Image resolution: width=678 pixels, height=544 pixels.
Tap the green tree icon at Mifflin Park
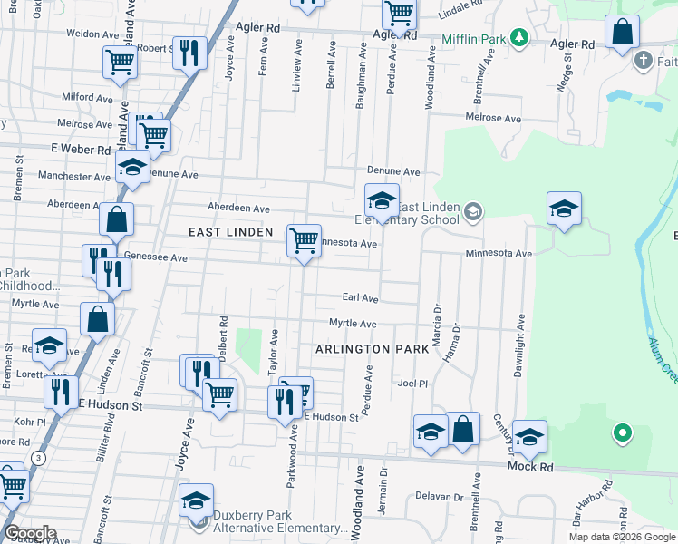click(519, 38)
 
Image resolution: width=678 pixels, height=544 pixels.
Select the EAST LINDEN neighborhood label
click(230, 233)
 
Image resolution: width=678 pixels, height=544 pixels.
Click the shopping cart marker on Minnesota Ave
click(304, 241)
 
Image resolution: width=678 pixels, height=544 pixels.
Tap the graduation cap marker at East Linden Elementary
click(382, 200)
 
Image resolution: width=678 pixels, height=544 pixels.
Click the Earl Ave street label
click(360, 297)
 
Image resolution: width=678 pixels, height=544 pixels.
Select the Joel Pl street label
click(412, 384)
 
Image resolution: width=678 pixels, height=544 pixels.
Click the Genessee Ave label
click(155, 258)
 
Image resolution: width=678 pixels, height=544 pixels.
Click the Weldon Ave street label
click(93, 34)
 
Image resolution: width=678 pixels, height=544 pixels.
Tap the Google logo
click(29, 533)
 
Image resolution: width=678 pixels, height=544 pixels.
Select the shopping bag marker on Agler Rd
click(623, 34)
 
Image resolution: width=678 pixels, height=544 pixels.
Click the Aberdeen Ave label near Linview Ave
click(239, 208)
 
